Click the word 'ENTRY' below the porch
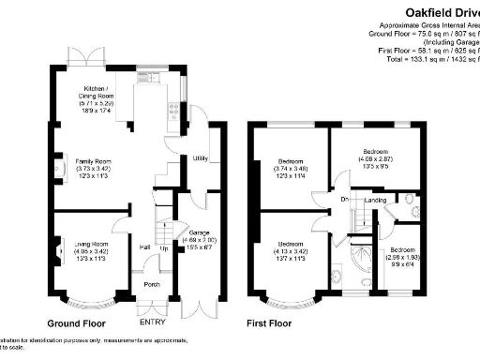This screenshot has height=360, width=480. pos(152,322)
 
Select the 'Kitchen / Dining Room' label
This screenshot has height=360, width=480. pos(96,91)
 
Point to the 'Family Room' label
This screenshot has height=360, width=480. pos(93,161)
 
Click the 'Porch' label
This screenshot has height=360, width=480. pos(151,285)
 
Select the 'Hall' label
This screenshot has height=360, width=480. pos(146,247)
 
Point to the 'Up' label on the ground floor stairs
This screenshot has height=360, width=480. pos(164,247)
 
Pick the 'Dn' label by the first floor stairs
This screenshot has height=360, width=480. pos(345,199)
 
